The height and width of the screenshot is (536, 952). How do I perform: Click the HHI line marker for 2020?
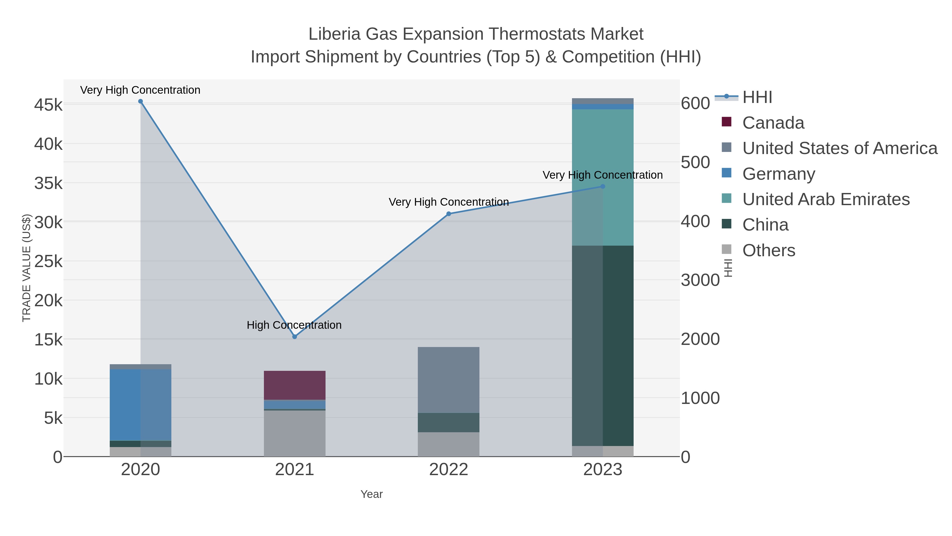tap(140, 101)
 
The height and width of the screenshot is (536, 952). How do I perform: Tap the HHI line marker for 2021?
tap(295, 337)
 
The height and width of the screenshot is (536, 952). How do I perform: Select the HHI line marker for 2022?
tap(449, 214)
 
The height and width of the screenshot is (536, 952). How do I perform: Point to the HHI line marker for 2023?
tap(603, 186)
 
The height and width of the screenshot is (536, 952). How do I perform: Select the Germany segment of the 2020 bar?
tap(140, 405)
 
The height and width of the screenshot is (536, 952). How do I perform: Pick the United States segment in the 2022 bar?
tap(449, 380)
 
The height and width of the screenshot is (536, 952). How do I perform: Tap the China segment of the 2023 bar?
tap(603, 345)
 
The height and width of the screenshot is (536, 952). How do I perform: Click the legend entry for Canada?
tap(773, 123)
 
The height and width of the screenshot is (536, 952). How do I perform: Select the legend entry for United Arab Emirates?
tap(826, 199)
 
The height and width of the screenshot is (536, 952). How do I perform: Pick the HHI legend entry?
tap(757, 97)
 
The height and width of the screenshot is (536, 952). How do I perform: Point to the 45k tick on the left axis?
tap(48, 105)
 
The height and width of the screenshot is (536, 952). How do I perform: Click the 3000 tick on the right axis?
tap(700, 280)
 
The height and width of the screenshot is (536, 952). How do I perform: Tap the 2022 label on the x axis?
tap(449, 470)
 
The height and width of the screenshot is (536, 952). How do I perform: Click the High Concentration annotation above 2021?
tap(294, 325)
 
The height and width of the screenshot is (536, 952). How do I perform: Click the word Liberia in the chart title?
tap(334, 34)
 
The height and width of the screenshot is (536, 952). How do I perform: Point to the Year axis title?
tap(372, 494)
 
